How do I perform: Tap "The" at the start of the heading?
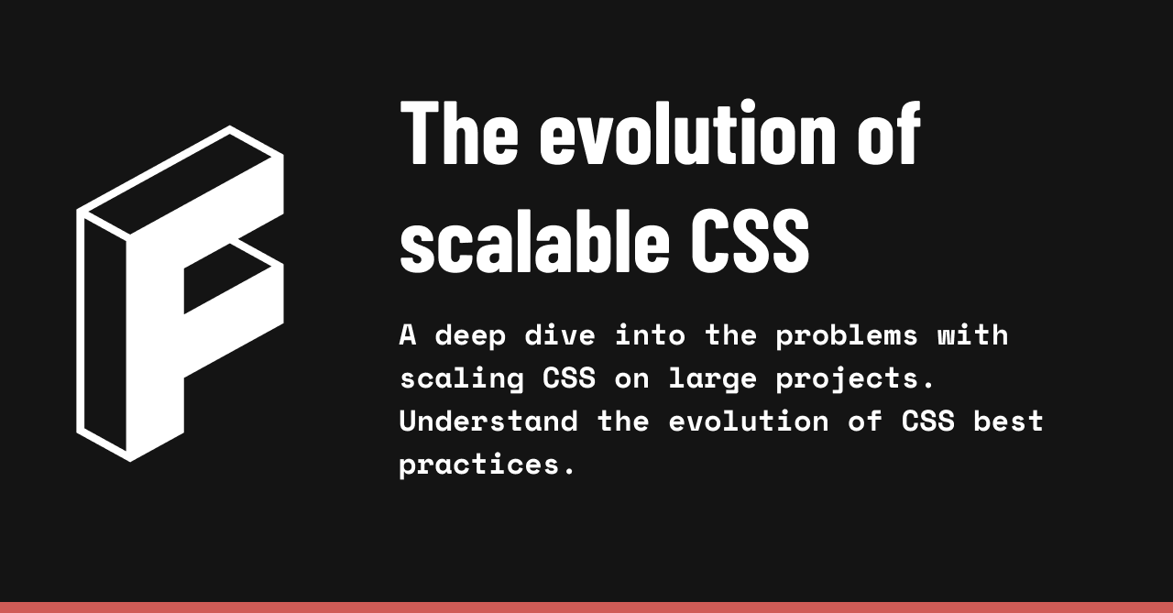(x=459, y=134)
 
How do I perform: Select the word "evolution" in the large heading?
(x=687, y=134)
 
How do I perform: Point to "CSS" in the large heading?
(x=750, y=241)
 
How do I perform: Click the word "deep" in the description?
(x=469, y=335)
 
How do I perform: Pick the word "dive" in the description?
(x=559, y=335)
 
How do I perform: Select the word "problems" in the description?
(x=846, y=335)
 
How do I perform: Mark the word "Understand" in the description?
(x=488, y=421)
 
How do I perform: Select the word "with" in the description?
(x=972, y=335)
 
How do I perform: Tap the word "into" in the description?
(x=649, y=335)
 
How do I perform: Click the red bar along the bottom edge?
(x=586, y=607)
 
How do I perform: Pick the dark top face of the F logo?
(x=179, y=183)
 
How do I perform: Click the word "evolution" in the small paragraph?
(x=748, y=421)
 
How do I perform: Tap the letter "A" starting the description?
(x=408, y=335)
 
